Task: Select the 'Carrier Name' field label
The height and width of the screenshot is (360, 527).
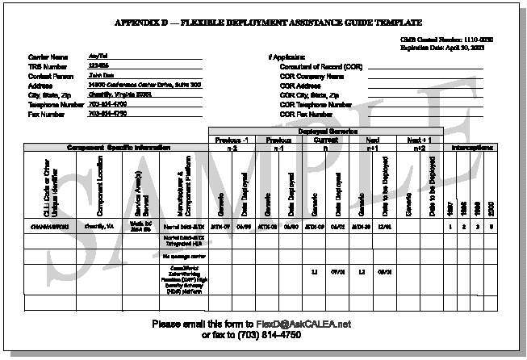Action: tap(44, 56)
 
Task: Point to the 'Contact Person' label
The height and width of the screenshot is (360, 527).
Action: tap(48, 75)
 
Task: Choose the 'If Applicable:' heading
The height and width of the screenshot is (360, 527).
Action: tap(287, 56)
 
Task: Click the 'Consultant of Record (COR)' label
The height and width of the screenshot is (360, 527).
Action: tap(321, 65)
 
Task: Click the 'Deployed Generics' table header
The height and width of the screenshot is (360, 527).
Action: tap(327, 131)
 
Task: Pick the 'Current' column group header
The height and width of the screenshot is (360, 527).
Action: tap(326, 139)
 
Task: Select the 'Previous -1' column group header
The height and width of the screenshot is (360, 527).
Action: tap(232, 139)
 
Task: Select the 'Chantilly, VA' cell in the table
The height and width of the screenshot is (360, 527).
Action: tap(98, 228)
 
